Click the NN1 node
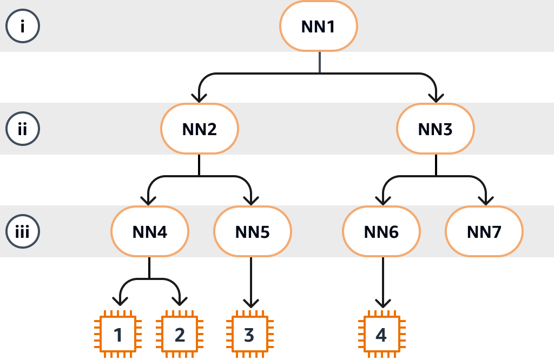click(319, 26)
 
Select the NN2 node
click(200, 129)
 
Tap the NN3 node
click(436, 129)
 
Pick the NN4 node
click(150, 232)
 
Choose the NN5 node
click(253, 232)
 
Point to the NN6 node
click(381, 232)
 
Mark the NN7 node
click(484, 232)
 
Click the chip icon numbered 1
click(118, 335)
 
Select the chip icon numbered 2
click(180, 335)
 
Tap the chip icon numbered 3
click(249, 335)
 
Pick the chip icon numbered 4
click(381, 335)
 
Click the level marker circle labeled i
click(22, 26)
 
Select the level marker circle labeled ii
click(22, 129)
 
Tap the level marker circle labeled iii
click(22, 232)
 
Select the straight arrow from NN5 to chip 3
click(250, 281)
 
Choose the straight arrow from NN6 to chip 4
click(382, 281)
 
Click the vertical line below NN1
click(319, 62)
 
